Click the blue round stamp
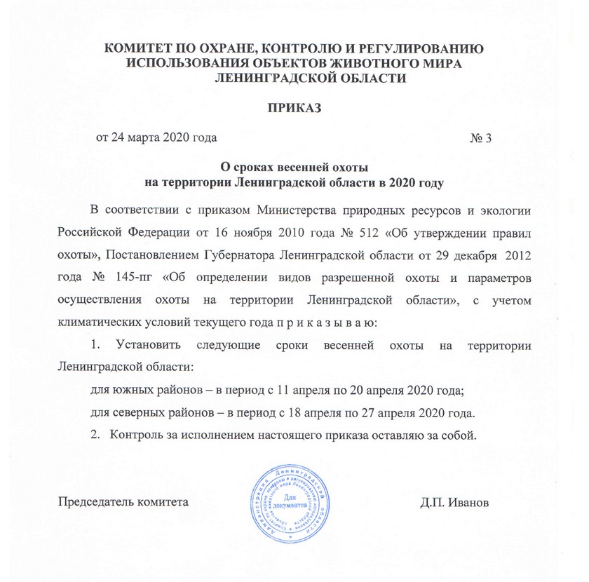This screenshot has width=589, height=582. click(293, 502)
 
